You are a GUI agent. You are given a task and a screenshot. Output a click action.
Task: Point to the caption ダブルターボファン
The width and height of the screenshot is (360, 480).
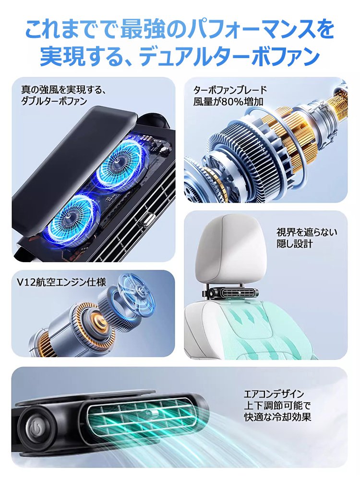pos(54,101)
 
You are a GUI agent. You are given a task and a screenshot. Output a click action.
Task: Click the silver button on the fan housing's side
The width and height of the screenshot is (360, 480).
pos(143,224)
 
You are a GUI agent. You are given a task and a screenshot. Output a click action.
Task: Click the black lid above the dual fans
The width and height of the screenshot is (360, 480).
pos(72,163)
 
